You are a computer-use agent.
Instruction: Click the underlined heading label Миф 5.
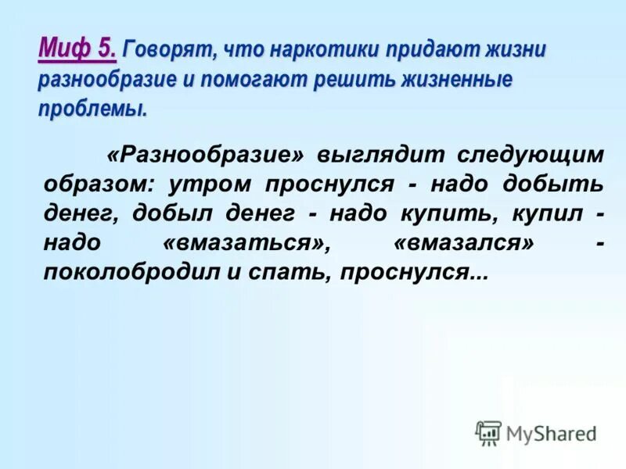(x=77, y=49)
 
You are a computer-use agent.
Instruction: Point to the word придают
(x=423, y=51)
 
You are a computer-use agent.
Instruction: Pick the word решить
(x=347, y=81)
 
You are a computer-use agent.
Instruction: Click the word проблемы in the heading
(x=92, y=109)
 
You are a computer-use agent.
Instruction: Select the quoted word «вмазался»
(x=464, y=243)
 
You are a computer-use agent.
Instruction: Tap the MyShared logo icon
(x=488, y=432)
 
